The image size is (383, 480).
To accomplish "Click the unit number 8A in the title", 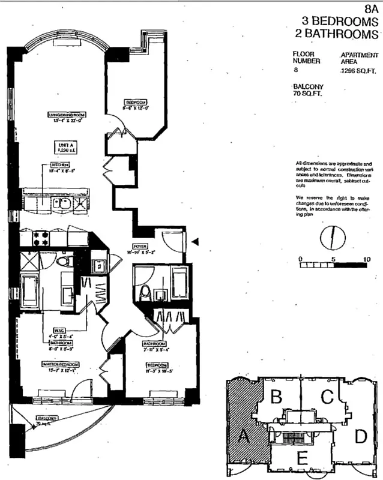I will [x=372, y=10].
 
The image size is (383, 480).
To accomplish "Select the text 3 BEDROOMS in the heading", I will [x=340, y=22].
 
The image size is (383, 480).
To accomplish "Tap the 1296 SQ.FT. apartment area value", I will [x=357, y=71].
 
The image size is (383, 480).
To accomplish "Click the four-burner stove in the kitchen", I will [x=41, y=238].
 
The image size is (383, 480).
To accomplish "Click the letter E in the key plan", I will [x=302, y=459].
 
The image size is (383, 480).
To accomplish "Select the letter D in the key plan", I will [x=360, y=436].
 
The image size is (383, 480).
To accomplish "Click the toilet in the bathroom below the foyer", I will [x=144, y=292].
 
